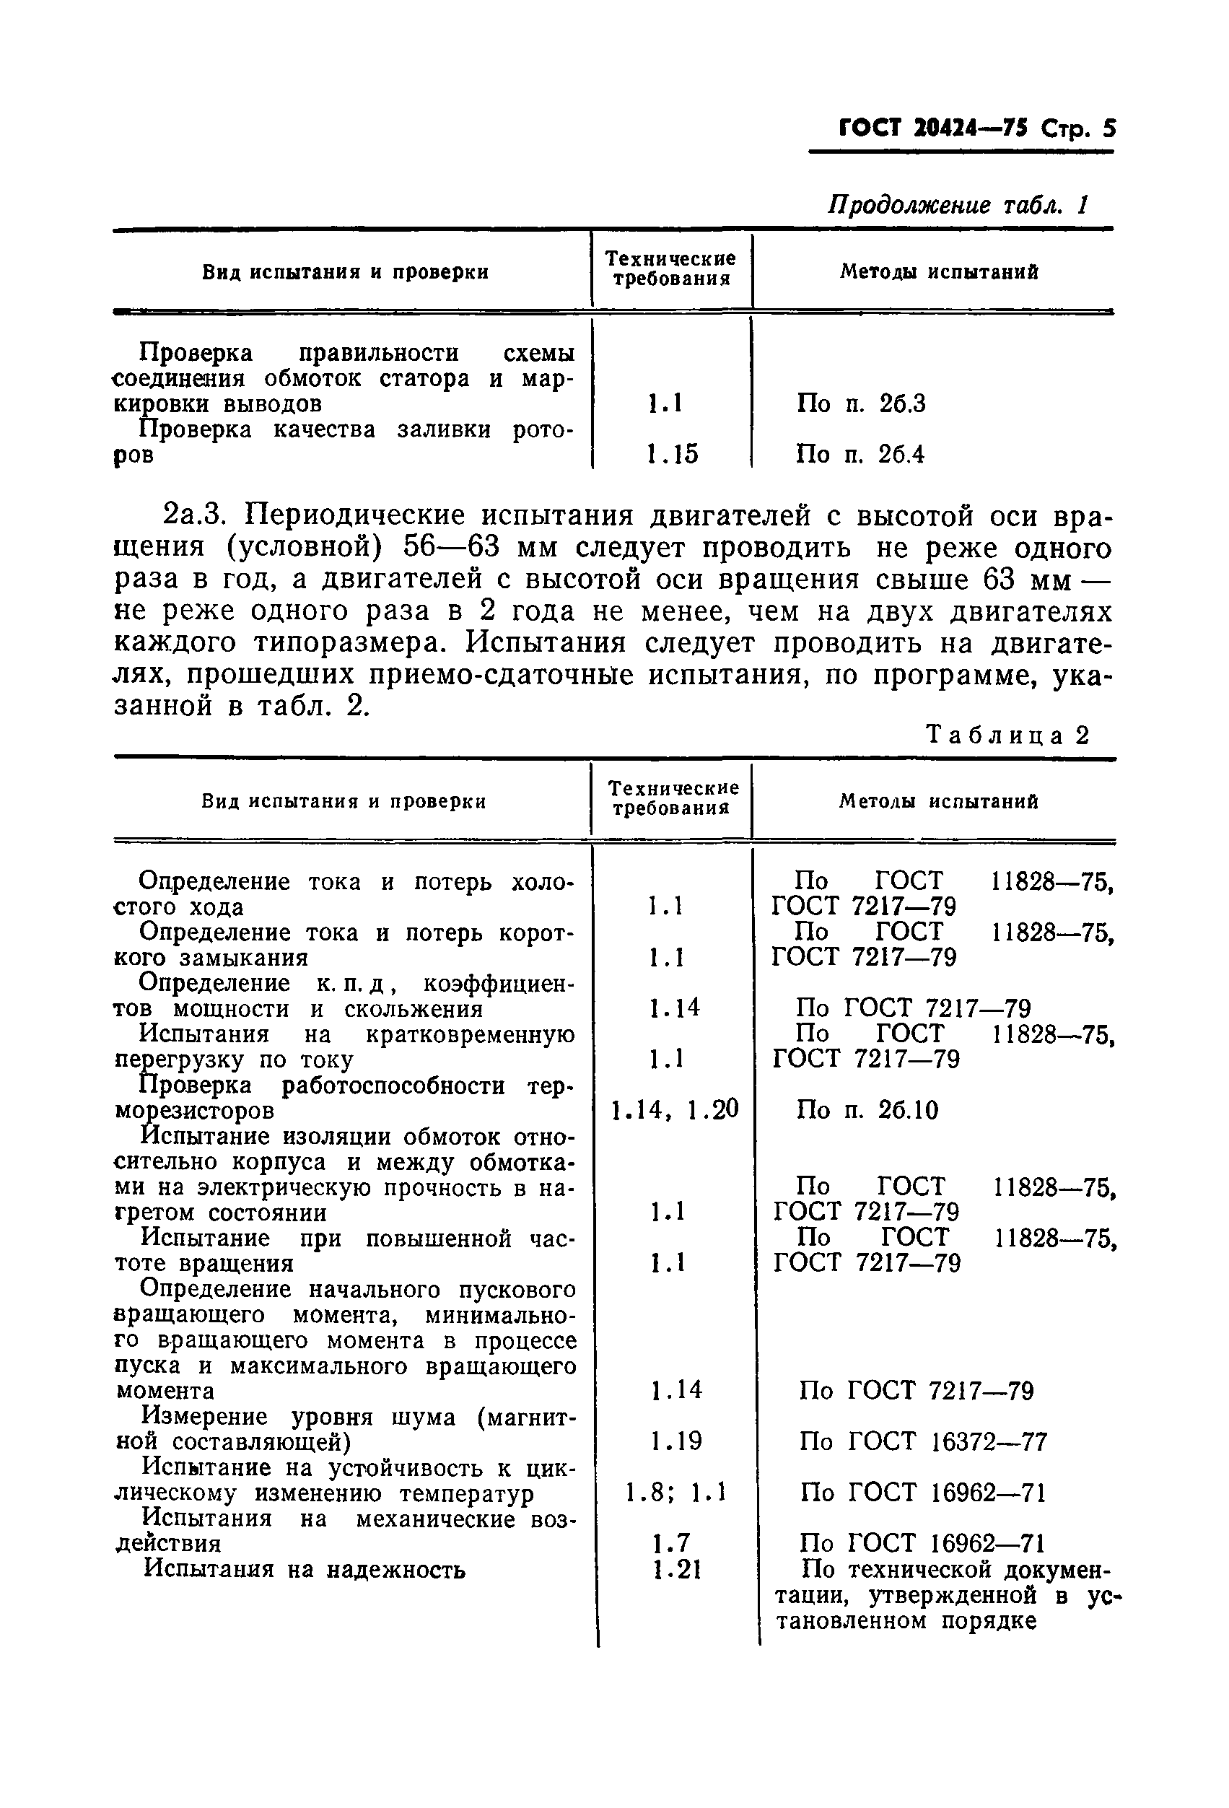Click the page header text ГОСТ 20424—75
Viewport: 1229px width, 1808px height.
click(x=932, y=128)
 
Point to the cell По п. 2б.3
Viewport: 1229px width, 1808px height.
click(x=860, y=403)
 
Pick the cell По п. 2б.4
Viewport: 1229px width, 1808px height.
click(x=860, y=453)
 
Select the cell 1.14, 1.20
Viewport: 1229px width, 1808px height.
click(x=674, y=1109)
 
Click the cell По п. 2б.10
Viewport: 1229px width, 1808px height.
click(x=867, y=1109)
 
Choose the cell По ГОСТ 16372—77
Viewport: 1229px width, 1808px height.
click(x=923, y=1441)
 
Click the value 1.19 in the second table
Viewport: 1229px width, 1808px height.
click(x=676, y=1441)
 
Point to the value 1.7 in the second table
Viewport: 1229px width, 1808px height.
click(x=671, y=1542)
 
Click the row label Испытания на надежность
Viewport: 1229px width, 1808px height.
click(x=306, y=1569)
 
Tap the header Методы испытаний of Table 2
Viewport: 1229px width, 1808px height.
click(x=938, y=801)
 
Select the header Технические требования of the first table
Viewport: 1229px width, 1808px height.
click(x=670, y=268)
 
